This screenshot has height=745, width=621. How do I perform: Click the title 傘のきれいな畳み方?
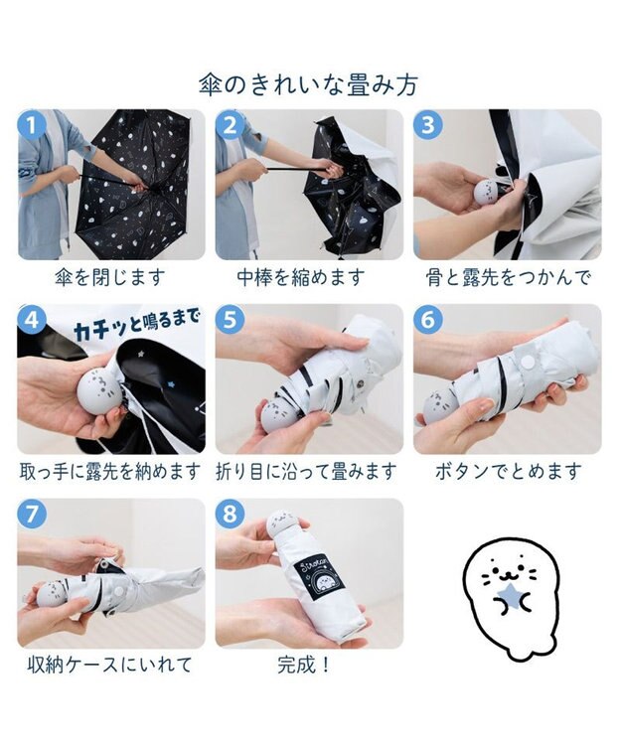[x=308, y=85]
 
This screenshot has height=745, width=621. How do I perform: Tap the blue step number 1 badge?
[x=32, y=125]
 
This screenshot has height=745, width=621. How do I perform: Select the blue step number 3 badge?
[x=428, y=125]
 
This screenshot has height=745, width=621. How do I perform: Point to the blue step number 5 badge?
[x=230, y=319]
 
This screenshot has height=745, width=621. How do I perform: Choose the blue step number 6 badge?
[x=428, y=319]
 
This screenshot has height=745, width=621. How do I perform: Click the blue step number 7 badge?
[x=32, y=514]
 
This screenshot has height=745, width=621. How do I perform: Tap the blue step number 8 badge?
[x=230, y=514]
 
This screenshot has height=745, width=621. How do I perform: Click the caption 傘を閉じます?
[x=110, y=277]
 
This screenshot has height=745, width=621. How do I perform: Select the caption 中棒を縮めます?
[x=301, y=277]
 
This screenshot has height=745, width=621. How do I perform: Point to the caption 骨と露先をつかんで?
[x=508, y=277]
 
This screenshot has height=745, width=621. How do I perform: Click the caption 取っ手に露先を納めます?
[x=110, y=472]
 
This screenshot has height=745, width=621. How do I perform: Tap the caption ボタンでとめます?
[x=509, y=472]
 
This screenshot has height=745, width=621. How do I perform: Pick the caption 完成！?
[x=304, y=666]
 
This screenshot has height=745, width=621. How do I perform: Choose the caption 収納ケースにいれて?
[x=110, y=666]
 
